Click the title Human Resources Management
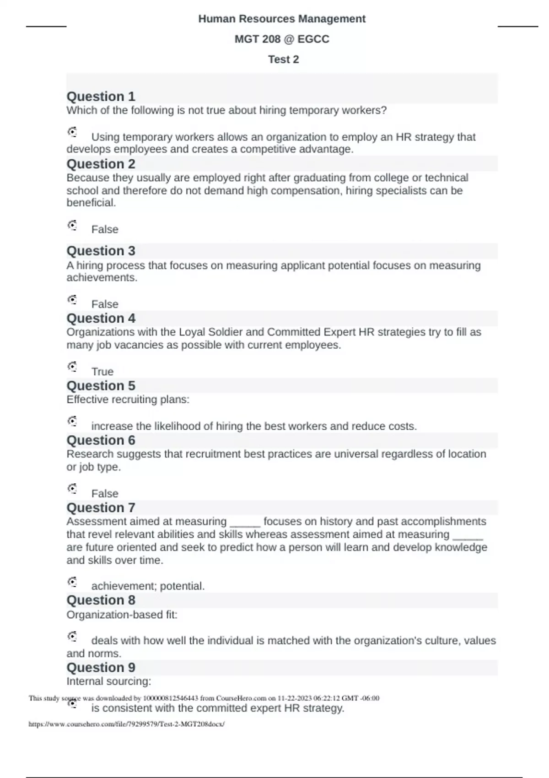[282, 19]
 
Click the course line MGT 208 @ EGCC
[282, 39]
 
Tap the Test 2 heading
[283, 59]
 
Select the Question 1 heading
[101, 97]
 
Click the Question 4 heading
[101, 318]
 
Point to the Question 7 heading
[101, 508]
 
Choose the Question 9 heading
[101, 667]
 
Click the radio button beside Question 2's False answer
[72, 225]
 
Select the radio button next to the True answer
[72, 367]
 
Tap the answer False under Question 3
[105, 304]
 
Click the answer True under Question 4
[102, 371]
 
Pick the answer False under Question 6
[105, 493]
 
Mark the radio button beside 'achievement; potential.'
[72, 582]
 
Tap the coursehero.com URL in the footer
[126, 724]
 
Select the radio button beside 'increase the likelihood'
[72, 421]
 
